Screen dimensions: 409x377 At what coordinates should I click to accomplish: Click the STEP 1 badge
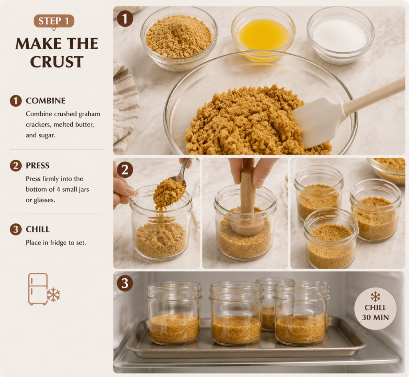point(54,21)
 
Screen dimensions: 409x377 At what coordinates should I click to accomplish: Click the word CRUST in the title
point(57,62)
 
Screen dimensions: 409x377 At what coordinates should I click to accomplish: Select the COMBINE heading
point(46,101)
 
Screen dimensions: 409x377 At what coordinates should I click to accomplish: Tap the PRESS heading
point(38,166)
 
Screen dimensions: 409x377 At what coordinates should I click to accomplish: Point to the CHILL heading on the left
point(38,229)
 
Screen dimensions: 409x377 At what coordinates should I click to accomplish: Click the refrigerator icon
point(38,289)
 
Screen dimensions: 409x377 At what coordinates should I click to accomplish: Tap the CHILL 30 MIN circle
point(375,309)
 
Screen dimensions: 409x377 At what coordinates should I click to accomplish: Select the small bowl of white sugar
point(340,35)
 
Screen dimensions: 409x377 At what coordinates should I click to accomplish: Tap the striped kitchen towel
point(125,107)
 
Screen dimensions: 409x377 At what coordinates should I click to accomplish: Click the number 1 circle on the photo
point(125,19)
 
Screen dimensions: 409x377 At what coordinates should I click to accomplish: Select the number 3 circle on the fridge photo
point(125,283)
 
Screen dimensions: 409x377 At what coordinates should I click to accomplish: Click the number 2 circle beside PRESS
point(16,166)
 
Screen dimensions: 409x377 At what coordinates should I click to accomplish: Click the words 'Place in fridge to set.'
point(56,243)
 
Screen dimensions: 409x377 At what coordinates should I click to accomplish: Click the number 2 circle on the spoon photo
point(125,170)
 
